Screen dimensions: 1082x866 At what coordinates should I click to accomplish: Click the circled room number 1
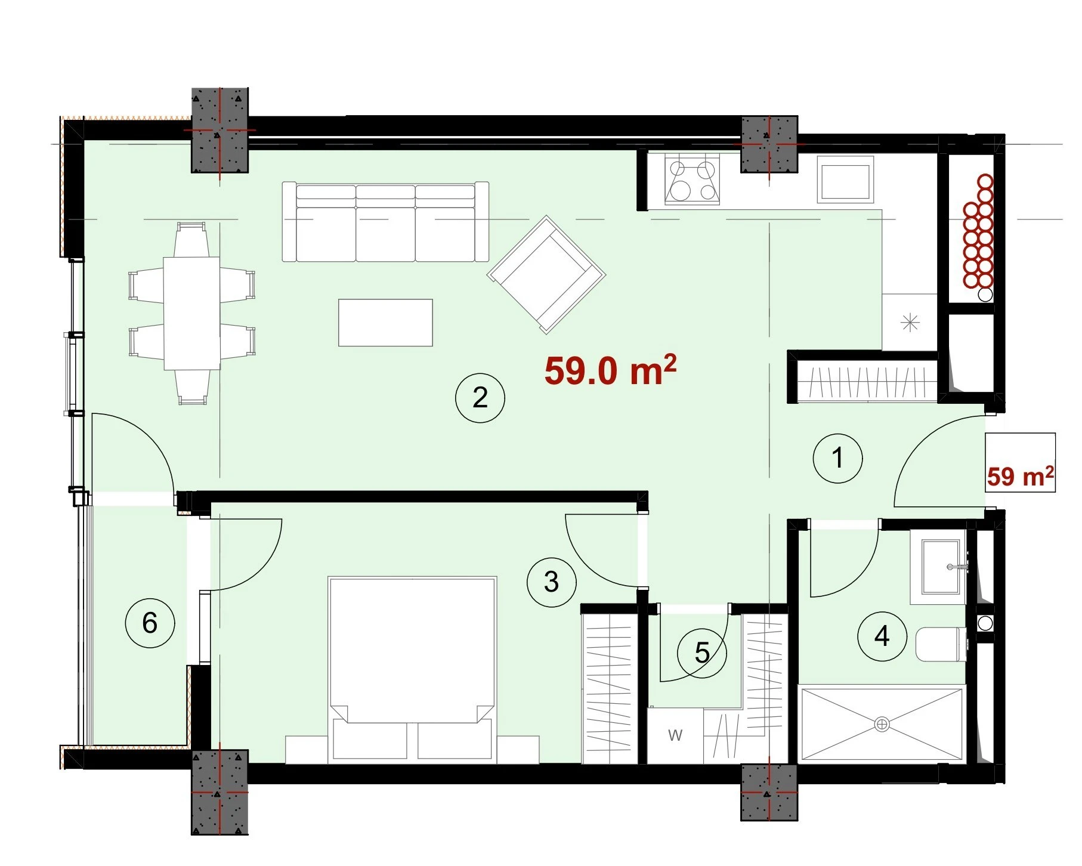click(837, 458)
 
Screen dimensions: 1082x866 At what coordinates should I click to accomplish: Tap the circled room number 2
click(480, 398)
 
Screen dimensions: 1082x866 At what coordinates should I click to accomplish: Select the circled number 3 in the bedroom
click(552, 582)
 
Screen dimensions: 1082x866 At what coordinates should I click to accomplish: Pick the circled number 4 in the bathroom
click(882, 636)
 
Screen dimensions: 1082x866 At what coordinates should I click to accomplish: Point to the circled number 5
click(702, 653)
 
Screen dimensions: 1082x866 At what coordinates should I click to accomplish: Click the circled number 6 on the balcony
click(150, 623)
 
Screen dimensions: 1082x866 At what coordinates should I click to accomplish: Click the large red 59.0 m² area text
click(610, 370)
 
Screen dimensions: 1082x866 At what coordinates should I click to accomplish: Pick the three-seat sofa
click(385, 222)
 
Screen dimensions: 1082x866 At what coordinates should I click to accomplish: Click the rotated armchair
click(546, 274)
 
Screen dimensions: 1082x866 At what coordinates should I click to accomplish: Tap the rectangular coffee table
click(385, 323)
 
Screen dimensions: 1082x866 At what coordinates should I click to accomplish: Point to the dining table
click(191, 313)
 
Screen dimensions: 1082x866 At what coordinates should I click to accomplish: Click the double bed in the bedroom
click(412, 669)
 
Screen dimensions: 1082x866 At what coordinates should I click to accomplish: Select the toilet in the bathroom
click(941, 644)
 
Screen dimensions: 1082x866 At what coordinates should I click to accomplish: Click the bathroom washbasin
click(938, 567)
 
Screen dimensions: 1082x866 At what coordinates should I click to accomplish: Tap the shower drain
click(882, 725)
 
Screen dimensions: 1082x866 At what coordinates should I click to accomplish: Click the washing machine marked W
click(675, 735)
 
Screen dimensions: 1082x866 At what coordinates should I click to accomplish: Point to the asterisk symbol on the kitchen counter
click(910, 323)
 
